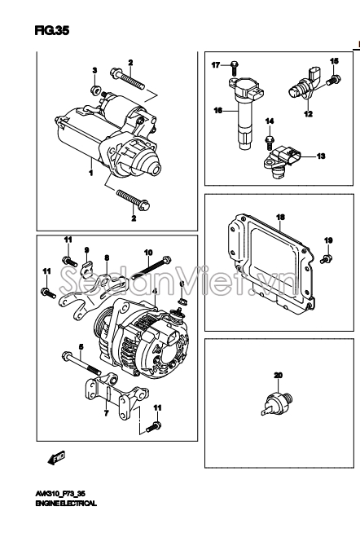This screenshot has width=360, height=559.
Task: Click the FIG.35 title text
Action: (51, 31)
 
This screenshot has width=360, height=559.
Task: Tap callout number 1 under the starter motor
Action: (91, 174)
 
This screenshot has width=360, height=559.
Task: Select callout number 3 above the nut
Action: (94, 70)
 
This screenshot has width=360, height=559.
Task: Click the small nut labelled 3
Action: (94, 90)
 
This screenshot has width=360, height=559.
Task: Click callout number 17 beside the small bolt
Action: (216, 65)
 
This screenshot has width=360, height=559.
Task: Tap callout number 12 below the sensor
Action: (308, 114)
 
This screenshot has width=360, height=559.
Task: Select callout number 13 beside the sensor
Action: (321, 156)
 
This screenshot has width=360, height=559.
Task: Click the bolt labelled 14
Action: (270, 142)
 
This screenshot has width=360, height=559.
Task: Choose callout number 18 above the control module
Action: (280, 217)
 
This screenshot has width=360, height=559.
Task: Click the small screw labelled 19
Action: (326, 258)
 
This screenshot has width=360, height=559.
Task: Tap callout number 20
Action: (278, 375)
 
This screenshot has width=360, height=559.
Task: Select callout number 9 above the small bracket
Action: (86, 250)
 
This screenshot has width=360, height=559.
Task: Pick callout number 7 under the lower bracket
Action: (106, 413)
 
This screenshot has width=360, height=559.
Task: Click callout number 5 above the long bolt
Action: (81, 346)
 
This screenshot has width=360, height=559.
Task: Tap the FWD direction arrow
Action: (56, 458)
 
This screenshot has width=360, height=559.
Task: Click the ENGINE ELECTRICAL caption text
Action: (66, 504)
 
